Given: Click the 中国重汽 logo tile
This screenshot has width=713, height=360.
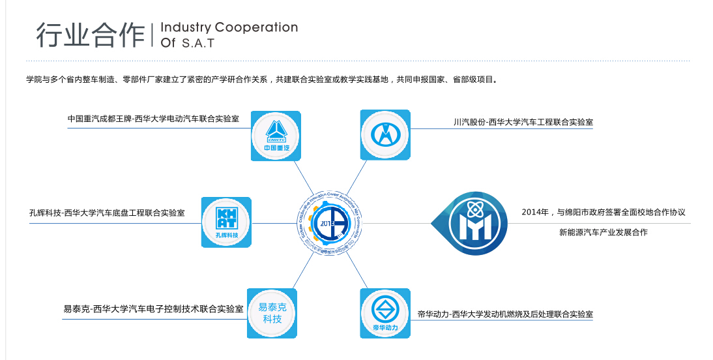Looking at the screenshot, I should pos(276,136).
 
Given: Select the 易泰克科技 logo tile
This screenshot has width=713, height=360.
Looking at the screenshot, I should pos(272,313).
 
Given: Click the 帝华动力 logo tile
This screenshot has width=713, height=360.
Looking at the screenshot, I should pos(385,313).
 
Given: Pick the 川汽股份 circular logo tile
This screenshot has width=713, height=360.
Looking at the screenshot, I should pos(385,135).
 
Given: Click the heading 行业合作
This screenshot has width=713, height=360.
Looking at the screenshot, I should pos(90,35).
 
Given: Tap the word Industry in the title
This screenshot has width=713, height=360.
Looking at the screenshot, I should pos(185,27).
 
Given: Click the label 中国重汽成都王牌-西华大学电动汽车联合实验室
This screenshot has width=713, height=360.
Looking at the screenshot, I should pos(153,119).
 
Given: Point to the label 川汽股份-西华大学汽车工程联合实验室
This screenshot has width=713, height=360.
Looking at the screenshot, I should pos(523,121).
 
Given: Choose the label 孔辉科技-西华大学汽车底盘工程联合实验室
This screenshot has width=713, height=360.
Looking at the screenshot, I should pos(107,213).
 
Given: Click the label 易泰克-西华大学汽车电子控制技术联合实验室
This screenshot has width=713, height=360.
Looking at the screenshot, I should pos(153,308).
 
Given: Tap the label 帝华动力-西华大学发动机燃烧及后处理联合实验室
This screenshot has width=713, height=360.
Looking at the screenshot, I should pos(505,314).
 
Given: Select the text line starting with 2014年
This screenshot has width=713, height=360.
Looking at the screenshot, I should pos(603,213).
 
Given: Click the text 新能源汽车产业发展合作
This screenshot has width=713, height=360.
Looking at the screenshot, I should pos(603,232).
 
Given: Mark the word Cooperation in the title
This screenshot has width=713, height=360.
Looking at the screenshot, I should pos(256,27).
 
